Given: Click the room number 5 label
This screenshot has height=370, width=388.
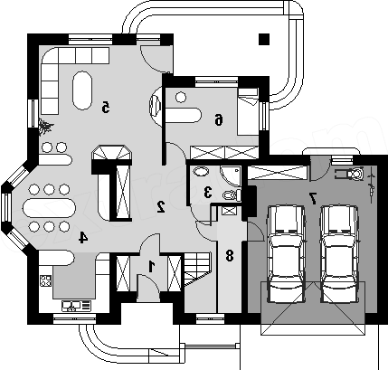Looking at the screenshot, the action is (x=105, y=108).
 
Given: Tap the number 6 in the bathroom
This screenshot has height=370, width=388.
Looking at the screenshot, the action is (x=219, y=119).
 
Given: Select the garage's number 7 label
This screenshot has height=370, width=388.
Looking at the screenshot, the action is (x=313, y=199).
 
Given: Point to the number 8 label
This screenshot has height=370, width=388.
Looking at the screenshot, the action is (x=230, y=256).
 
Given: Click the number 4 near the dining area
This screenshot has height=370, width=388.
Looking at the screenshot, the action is (x=83, y=237).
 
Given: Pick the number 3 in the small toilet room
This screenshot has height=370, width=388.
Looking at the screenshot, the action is (x=207, y=192).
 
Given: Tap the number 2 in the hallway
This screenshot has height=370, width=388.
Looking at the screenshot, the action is (x=161, y=206).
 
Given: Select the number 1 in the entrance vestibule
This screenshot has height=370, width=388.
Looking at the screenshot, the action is (x=151, y=267).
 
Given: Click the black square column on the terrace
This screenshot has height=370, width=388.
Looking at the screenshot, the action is (x=264, y=39).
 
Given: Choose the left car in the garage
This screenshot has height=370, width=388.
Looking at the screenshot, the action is (x=286, y=254).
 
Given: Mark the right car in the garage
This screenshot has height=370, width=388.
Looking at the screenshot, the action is (x=339, y=254).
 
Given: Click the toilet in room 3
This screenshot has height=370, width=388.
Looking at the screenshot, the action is (x=232, y=195).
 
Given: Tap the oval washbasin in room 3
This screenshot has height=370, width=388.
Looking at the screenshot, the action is (x=201, y=172).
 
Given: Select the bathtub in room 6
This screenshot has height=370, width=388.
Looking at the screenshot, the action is (x=183, y=115).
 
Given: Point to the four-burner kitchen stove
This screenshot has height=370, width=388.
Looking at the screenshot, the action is (x=46, y=280).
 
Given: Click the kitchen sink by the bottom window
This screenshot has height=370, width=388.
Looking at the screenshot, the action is (x=76, y=306).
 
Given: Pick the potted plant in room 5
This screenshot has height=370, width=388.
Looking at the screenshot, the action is (x=46, y=127).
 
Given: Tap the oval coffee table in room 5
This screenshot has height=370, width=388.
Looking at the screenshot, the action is (x=81, y=90).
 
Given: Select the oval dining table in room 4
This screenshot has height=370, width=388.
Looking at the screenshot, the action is (x=50, y=208).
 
